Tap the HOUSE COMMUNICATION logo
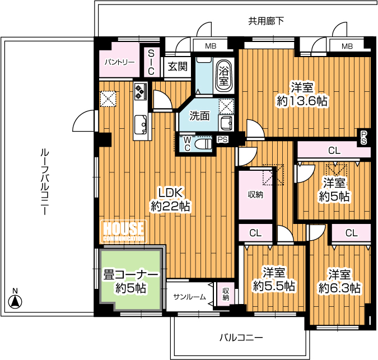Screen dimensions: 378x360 (123, 231)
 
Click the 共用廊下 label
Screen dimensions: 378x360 (266, 21)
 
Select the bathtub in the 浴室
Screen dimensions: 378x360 (223, 75)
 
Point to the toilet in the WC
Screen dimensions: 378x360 (203, 144)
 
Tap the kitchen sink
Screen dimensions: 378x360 (141, 124)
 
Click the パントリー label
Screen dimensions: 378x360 (120, 62)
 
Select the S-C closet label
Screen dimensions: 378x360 (151, 62)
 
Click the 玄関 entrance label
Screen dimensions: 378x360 (178, 66)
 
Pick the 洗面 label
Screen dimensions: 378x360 (199, 116)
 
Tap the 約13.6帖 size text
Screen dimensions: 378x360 (302, 101)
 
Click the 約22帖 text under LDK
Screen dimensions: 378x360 (170, 206)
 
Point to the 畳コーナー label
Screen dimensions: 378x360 (131, 274)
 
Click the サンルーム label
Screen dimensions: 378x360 (190, 297)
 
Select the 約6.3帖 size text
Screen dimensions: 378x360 (339, 287)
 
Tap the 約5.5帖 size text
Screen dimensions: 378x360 (274, 286)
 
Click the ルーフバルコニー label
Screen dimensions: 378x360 (45, 182)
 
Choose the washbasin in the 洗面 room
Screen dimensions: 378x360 (226, 123)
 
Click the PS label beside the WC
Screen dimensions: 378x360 (222, 139)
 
